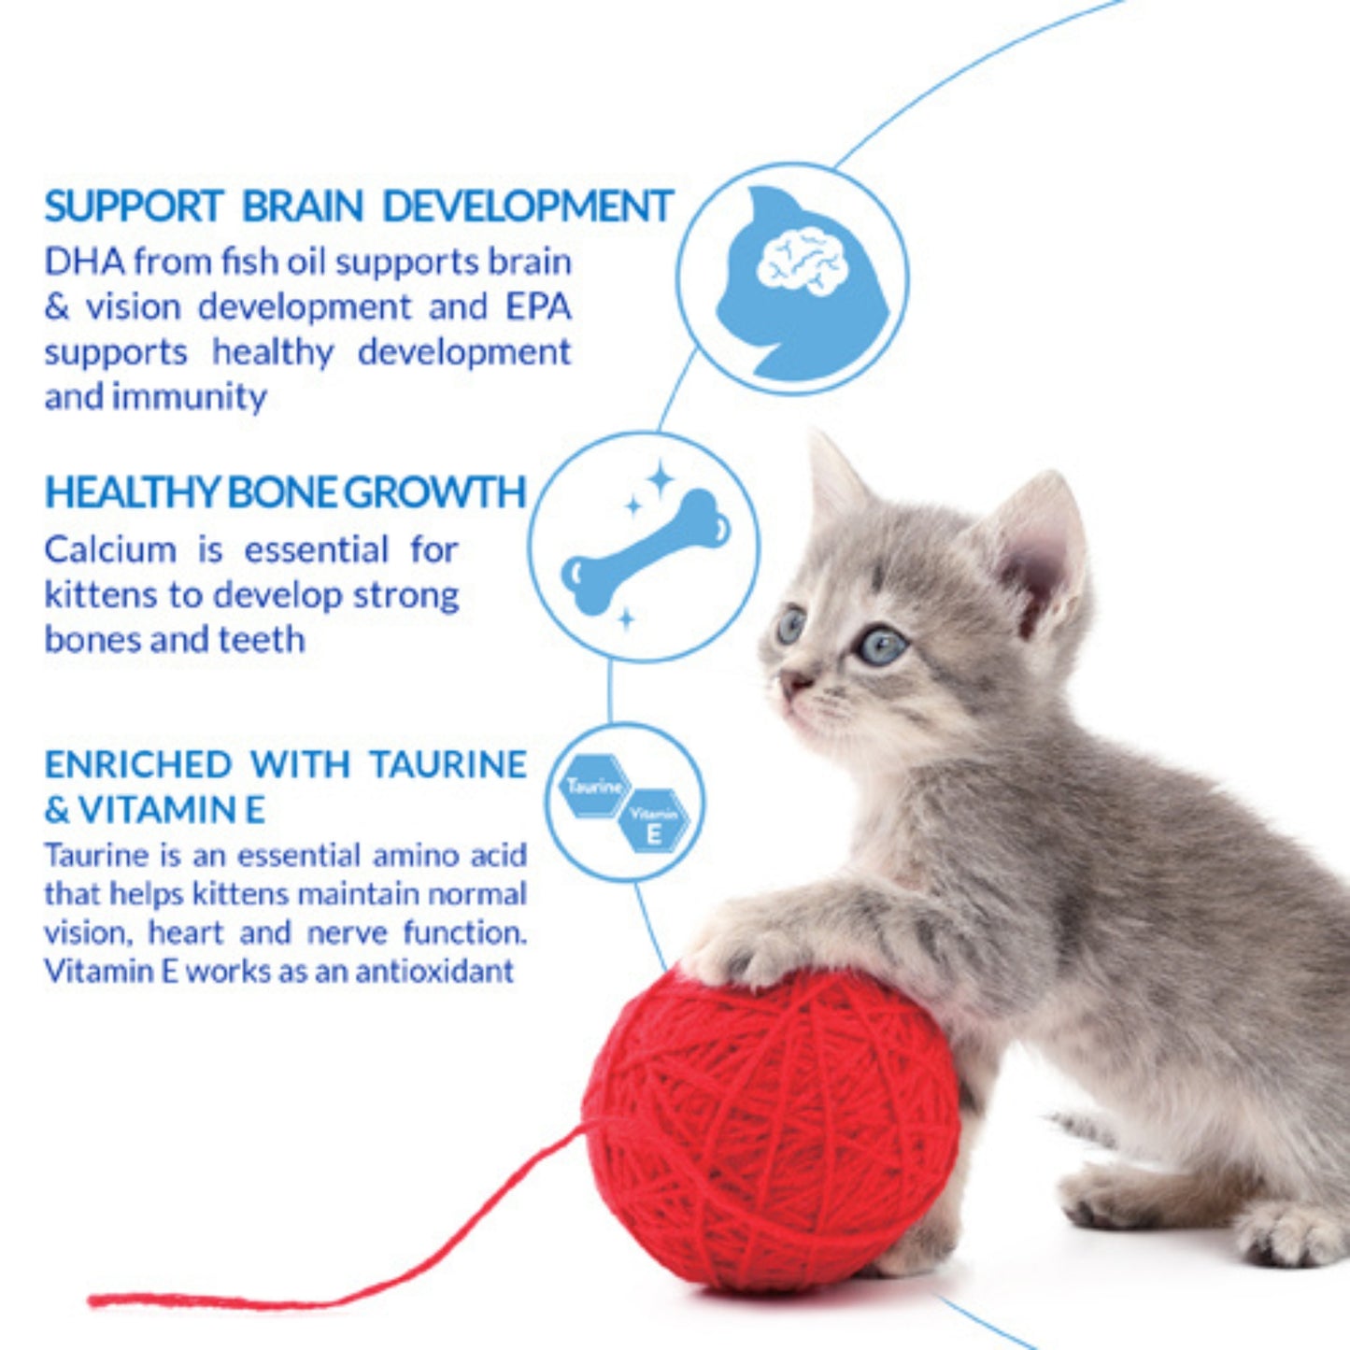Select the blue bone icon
click(x=646, y=550)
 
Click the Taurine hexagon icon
click(x=594, y=787)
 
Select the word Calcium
click(x=110, y=549)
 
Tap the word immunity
click(x=190, y=397)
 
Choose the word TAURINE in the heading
click(x=448, y=764)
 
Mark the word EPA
click(x=538, y=306)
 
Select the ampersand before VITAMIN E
click(x=56, y=810)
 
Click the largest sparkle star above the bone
click(x=661, y=479)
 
